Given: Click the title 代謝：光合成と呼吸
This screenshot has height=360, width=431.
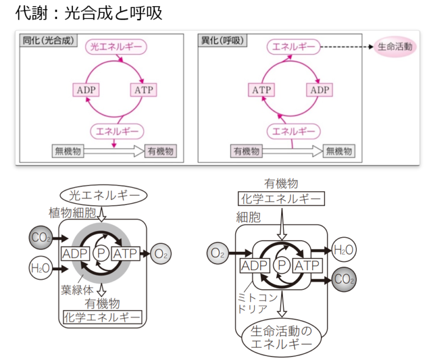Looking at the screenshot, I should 90,13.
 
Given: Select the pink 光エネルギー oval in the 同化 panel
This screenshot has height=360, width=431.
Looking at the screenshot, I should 116,47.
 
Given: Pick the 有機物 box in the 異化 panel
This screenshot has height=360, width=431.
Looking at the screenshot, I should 247,151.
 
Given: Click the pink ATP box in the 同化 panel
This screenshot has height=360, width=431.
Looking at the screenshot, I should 145,90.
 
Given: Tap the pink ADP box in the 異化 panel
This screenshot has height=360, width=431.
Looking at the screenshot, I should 320,90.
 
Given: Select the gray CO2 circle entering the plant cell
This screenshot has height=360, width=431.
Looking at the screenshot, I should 41,238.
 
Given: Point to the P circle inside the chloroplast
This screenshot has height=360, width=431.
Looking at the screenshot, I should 102,254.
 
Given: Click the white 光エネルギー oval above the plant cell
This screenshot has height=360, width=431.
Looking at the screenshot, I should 103,195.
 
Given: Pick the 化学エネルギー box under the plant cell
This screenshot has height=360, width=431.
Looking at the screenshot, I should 101,318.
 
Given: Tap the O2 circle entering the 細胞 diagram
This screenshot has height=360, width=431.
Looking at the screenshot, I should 218,254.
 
